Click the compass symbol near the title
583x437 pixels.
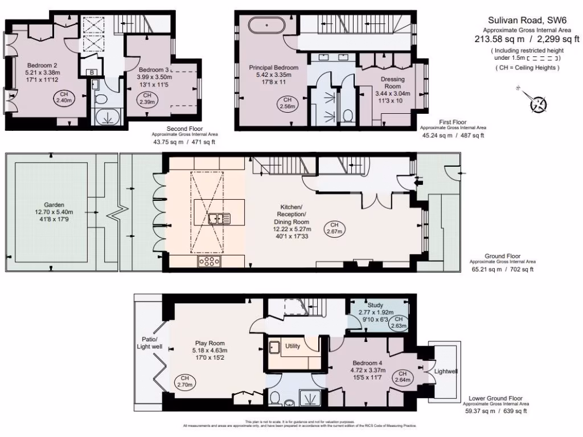pyautogui.click(x=537, y=104)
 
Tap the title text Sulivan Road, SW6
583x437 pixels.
pyautogui.click(x=527, y=19)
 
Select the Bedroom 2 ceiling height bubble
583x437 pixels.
pyautogui.click(x=64, y=97)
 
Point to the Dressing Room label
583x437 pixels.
pyautogui.click(x=392, y=83)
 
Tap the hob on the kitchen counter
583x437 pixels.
pyautogui.click(x=209, y=261)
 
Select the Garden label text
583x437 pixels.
pyautogui.click(x=55, y=205)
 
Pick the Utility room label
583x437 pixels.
pyautogui.click(x=293, y=345)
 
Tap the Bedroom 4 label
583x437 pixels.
pyautogui.click(x=364, y=363)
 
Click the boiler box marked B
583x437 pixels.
pyautogui.click(x=91, y=72)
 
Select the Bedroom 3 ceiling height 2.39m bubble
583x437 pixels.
pyautogui.click(x=147, y=98)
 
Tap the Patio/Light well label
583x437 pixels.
pyautogui.click(x=149, y=342)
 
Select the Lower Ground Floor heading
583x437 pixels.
pyautogui.click(x=495, y=398)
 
